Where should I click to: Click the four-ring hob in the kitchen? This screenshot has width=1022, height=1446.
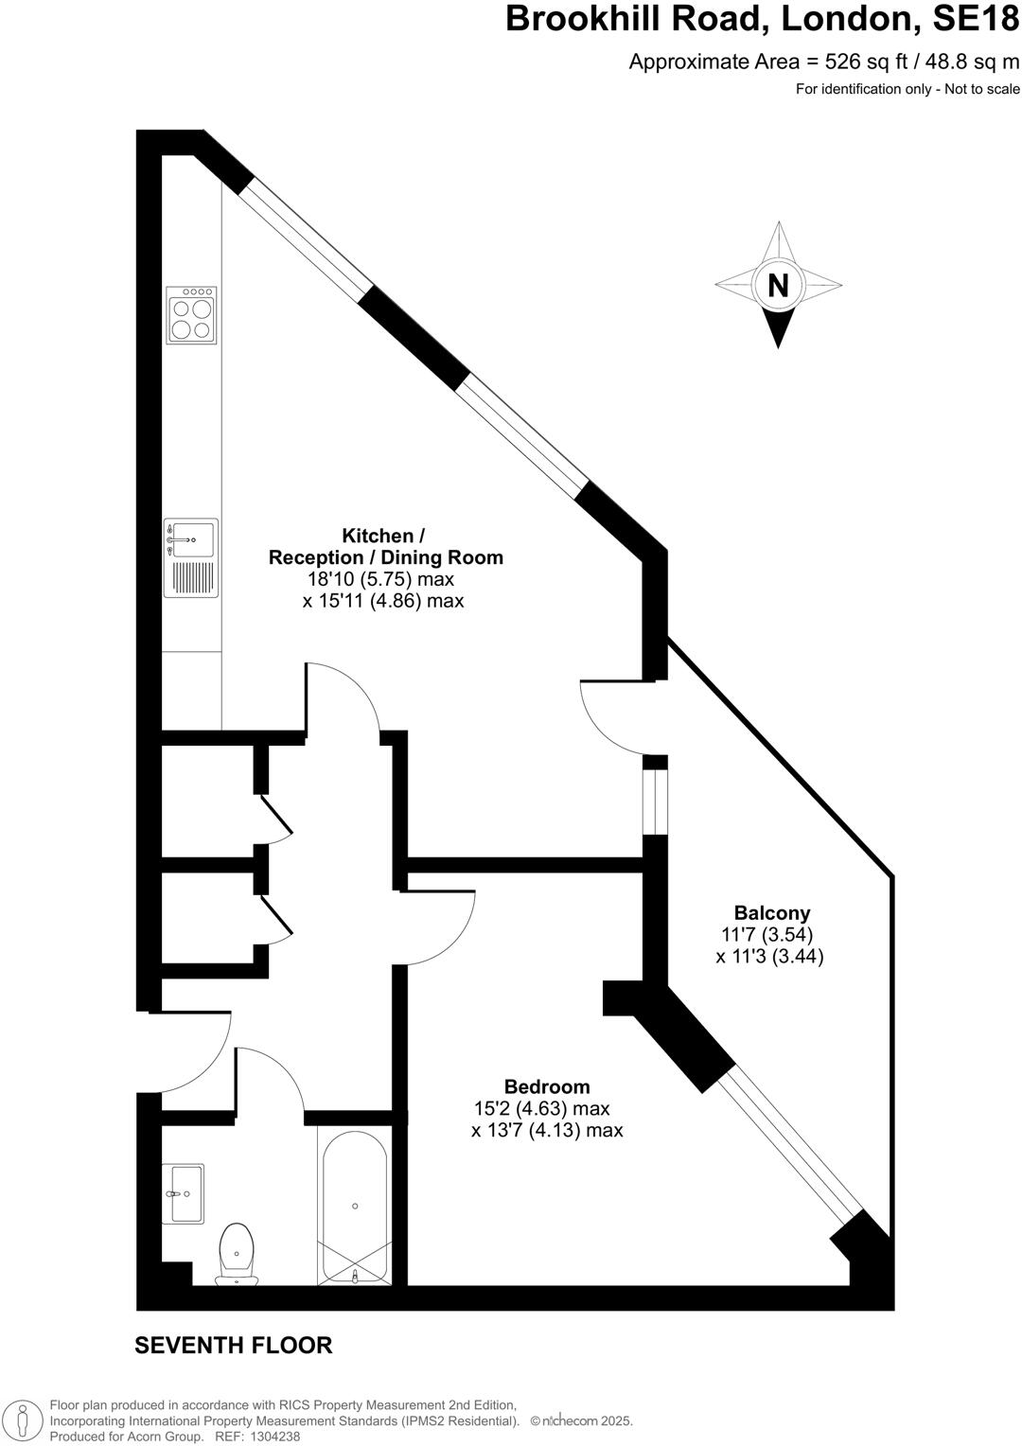coord(190,314)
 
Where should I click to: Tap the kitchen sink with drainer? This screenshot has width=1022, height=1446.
coord(190,557)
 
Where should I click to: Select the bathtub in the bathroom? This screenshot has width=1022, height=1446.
coord(355,1208)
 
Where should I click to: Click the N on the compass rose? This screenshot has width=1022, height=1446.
coord(778,285)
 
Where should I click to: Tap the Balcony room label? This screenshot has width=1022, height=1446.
coord(772,913)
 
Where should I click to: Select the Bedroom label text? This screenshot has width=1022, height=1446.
coord(546,1087)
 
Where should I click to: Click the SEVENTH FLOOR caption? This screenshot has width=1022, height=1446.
coord(233,1345)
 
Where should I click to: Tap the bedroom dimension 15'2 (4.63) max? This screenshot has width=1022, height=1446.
coord(541,1108)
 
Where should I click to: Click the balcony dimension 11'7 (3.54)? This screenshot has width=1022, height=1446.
coord(766,935)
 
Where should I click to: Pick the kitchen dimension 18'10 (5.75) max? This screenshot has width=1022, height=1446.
coord(380,579)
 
